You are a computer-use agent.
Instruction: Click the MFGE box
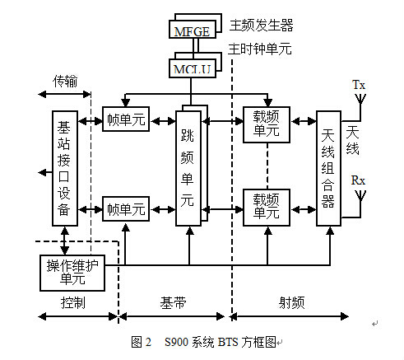coord(191,31)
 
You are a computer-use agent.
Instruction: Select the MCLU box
coord(191,70)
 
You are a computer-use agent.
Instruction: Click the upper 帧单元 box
coord(125,119)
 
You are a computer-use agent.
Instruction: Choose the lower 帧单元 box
coord(125,208)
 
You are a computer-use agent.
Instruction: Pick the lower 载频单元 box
coord(266,205)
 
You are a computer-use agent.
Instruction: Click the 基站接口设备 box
coord(64,168)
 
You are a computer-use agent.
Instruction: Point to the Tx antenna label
coord(359,85)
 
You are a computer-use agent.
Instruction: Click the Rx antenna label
coord(359,179)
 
